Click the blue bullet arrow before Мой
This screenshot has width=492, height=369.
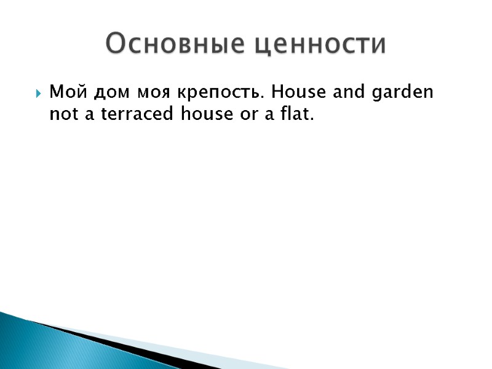tap(38, 95)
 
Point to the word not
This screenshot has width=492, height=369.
tap(63, 114)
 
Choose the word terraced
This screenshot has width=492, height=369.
tap(138, 114)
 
